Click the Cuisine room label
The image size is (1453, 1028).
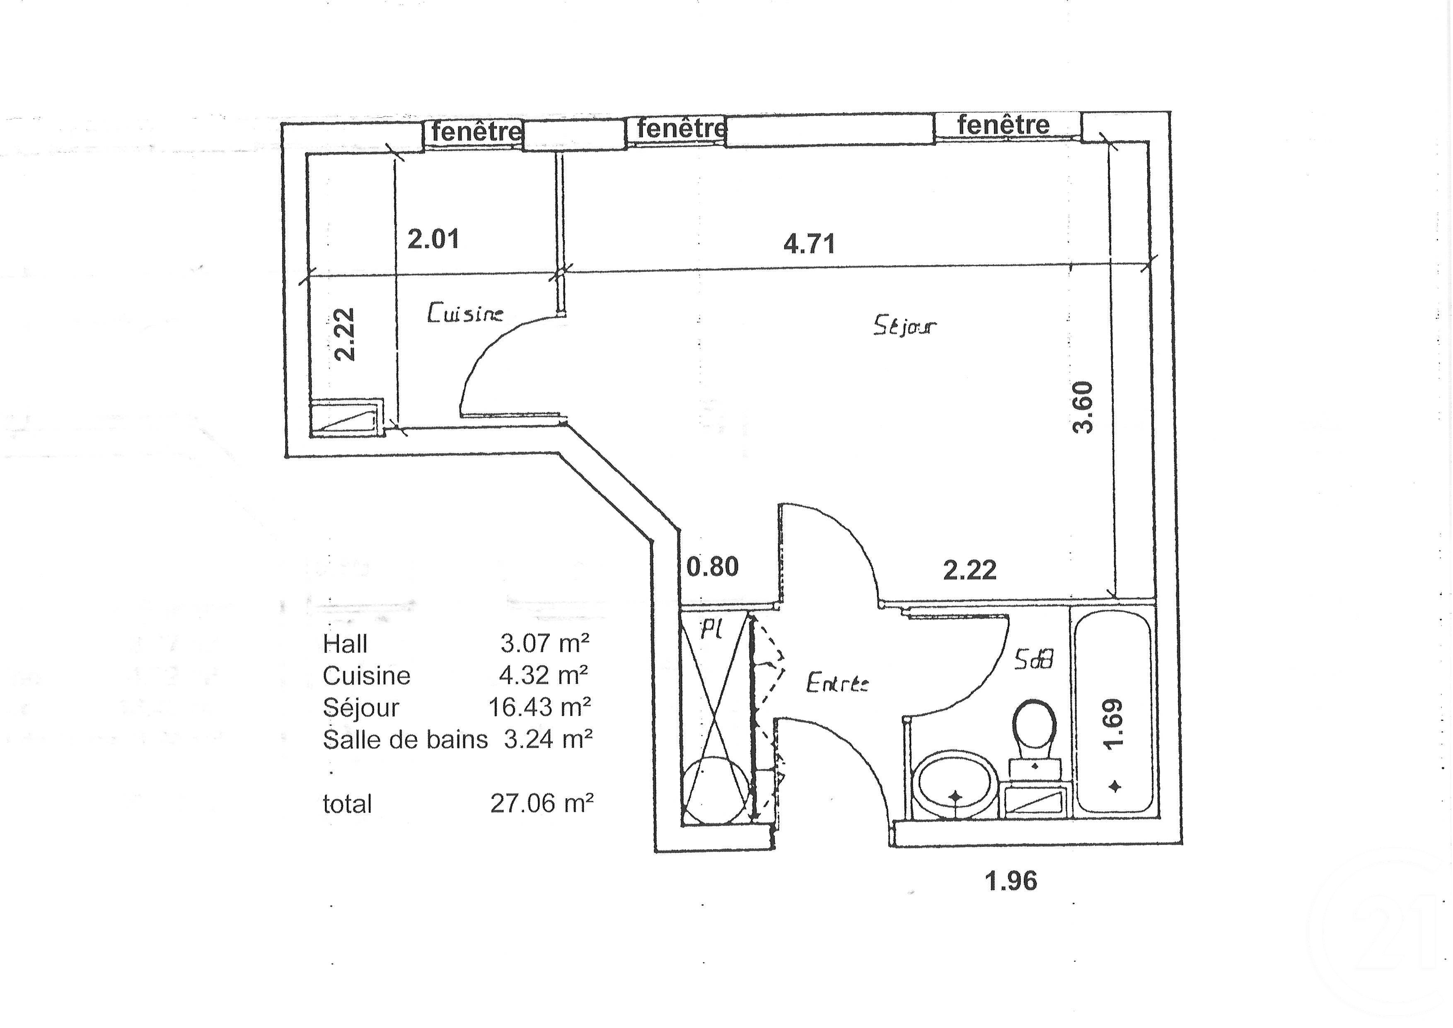[465, 314]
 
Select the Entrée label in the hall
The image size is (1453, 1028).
[837, 684]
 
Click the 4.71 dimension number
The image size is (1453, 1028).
[810, 244]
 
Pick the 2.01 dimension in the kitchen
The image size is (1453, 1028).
[433, 239]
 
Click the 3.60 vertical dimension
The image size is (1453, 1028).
[1083, 407]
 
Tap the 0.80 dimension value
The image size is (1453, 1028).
[713, 567]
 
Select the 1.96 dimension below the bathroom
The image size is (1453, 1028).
[1011, 881]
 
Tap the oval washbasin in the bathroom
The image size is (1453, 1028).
[954, 785]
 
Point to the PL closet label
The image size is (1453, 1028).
[711, 629]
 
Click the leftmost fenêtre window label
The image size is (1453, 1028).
[476, 132]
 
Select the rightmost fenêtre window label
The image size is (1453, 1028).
[1003, 125]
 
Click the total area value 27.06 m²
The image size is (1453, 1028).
[542, 803]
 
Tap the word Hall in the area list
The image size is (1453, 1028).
[345, 645]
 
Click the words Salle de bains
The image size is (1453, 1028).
[405, 739]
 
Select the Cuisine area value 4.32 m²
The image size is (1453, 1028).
[544, 675]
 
